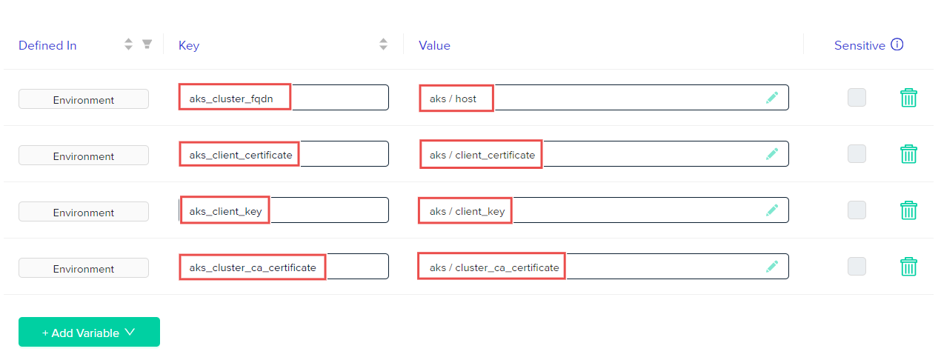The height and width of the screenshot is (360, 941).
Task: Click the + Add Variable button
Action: pos(89,332)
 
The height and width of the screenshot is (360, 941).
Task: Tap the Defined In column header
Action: pos(47,45)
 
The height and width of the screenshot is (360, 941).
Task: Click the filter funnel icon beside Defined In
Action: pos(147,44)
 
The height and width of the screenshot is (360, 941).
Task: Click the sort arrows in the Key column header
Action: pos(383,44)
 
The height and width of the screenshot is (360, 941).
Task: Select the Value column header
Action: pos(434,45)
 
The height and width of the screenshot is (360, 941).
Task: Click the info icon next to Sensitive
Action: pos(897,44)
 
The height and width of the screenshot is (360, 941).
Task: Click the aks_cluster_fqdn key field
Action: pos(284,98)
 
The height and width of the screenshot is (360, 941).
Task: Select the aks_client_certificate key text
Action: pos(241,155)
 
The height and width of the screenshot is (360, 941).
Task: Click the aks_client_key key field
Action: pos(284,210)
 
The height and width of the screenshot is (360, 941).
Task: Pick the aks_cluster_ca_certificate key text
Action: pos(253,267)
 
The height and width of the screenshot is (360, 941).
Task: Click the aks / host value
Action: pos(453,99)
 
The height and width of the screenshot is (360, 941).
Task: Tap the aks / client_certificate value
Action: pos(482,155)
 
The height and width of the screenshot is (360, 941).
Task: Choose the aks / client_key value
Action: pos(467,211)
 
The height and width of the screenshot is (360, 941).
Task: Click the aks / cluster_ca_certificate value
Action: pos(494,267)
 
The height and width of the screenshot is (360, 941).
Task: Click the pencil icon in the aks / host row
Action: pos(772,98)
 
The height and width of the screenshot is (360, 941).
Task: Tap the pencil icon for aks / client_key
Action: pos(772,210)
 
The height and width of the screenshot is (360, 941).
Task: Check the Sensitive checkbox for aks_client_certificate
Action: pos(857,154)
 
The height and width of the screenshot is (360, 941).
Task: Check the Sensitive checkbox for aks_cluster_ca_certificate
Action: pos(857,267)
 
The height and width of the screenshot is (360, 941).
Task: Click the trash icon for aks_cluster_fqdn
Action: pos(908,98)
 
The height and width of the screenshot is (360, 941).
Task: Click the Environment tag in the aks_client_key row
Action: pos(84,212)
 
